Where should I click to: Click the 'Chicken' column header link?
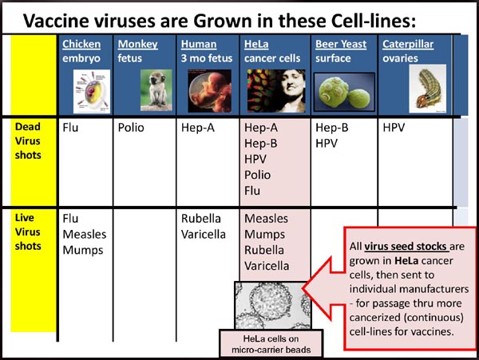(x=81, y=44)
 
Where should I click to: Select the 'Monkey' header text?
(x=138, y=45)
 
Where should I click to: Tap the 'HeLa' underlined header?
(x=256, y=44)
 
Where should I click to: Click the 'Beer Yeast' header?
(x=341, y=44)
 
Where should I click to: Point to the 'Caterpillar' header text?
(x=408, y=45)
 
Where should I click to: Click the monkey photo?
(x=156, y=90)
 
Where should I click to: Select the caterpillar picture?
(x=428, y=89)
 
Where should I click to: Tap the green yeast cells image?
(x=344, y=92)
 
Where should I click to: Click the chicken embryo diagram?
(x=92, y=91)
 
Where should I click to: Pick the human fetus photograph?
(x=209, y=91)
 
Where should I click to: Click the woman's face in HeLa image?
(x=291, y=89)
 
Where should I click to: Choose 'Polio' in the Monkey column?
(x=131, y=128)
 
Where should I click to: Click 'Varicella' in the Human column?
(x=203, y=234)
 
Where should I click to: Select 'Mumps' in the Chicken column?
(x=83, y=251)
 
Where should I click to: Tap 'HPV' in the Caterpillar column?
(x=394, y=128)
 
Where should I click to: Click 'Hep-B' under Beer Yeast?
(x=332, y=128)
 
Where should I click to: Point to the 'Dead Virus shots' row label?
(x=28, y=140)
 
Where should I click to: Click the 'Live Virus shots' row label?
(x=28, y=231)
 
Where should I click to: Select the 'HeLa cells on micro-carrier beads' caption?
(x=271, y=344)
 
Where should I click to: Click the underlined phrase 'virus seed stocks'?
(x=406, y=246)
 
